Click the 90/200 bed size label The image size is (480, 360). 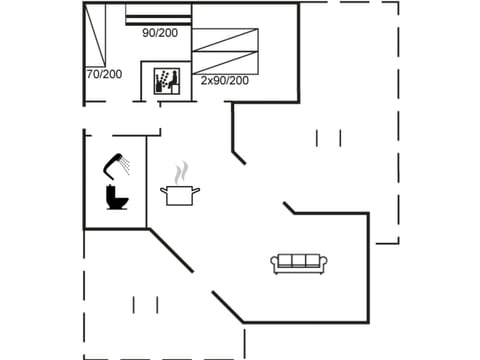(161, 33)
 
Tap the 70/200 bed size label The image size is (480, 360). (104, 73)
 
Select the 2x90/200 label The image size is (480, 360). (224, 80)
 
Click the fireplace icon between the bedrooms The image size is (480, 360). (165, 80)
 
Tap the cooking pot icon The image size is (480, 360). (180, 193)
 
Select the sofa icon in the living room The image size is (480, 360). (299, 263)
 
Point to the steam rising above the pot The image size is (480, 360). (181, 172)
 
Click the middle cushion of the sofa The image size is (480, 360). (299, 261)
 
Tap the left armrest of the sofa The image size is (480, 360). (275, 264)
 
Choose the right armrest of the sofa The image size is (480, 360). (323, 264)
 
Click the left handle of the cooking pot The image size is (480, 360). (163, 189)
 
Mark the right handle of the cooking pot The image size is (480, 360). (197, 189)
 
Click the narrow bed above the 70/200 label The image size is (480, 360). (97, 33)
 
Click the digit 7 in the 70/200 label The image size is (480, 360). (89, 73)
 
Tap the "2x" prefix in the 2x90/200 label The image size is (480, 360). (206, 80)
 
